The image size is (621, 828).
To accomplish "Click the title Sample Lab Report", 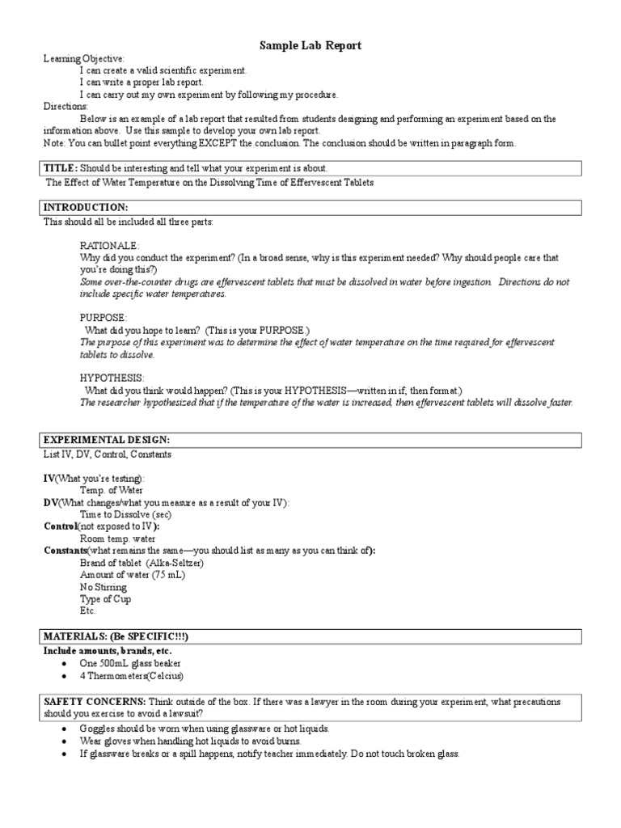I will coord(310,46).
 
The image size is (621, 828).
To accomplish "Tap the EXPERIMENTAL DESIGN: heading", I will coord(107,440).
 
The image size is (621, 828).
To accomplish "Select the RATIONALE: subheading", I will coord(109,245).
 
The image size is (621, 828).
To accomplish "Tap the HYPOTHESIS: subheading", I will coord(112,378).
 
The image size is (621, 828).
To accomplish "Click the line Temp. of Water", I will coord(112,490).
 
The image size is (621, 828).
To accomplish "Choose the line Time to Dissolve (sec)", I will coord(125,514).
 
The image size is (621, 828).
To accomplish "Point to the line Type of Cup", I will coord(105,598).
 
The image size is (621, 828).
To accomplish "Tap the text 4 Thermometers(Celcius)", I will coord(132,675).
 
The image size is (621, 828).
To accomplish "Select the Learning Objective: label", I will coord(84,59).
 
